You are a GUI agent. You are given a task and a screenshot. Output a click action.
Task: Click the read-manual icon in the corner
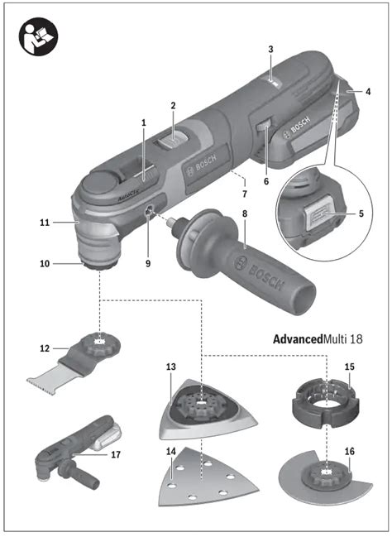click(38, 36)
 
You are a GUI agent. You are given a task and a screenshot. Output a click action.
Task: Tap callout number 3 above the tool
click(270, 50)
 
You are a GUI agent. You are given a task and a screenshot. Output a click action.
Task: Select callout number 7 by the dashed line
click(245, 194)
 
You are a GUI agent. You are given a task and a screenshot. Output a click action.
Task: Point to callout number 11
click(45, 223)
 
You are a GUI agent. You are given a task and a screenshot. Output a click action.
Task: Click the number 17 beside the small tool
click(116, 454)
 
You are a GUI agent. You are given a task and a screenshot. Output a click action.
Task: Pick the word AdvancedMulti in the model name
click(298, 339)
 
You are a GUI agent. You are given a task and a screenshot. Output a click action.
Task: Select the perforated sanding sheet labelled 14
click(208, 477)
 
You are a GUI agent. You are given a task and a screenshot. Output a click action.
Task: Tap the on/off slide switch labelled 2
click(173, 141)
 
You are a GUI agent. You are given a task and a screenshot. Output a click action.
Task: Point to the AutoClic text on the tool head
click(129, 195)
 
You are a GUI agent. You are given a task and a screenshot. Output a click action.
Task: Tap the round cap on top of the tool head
click(100, 182)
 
